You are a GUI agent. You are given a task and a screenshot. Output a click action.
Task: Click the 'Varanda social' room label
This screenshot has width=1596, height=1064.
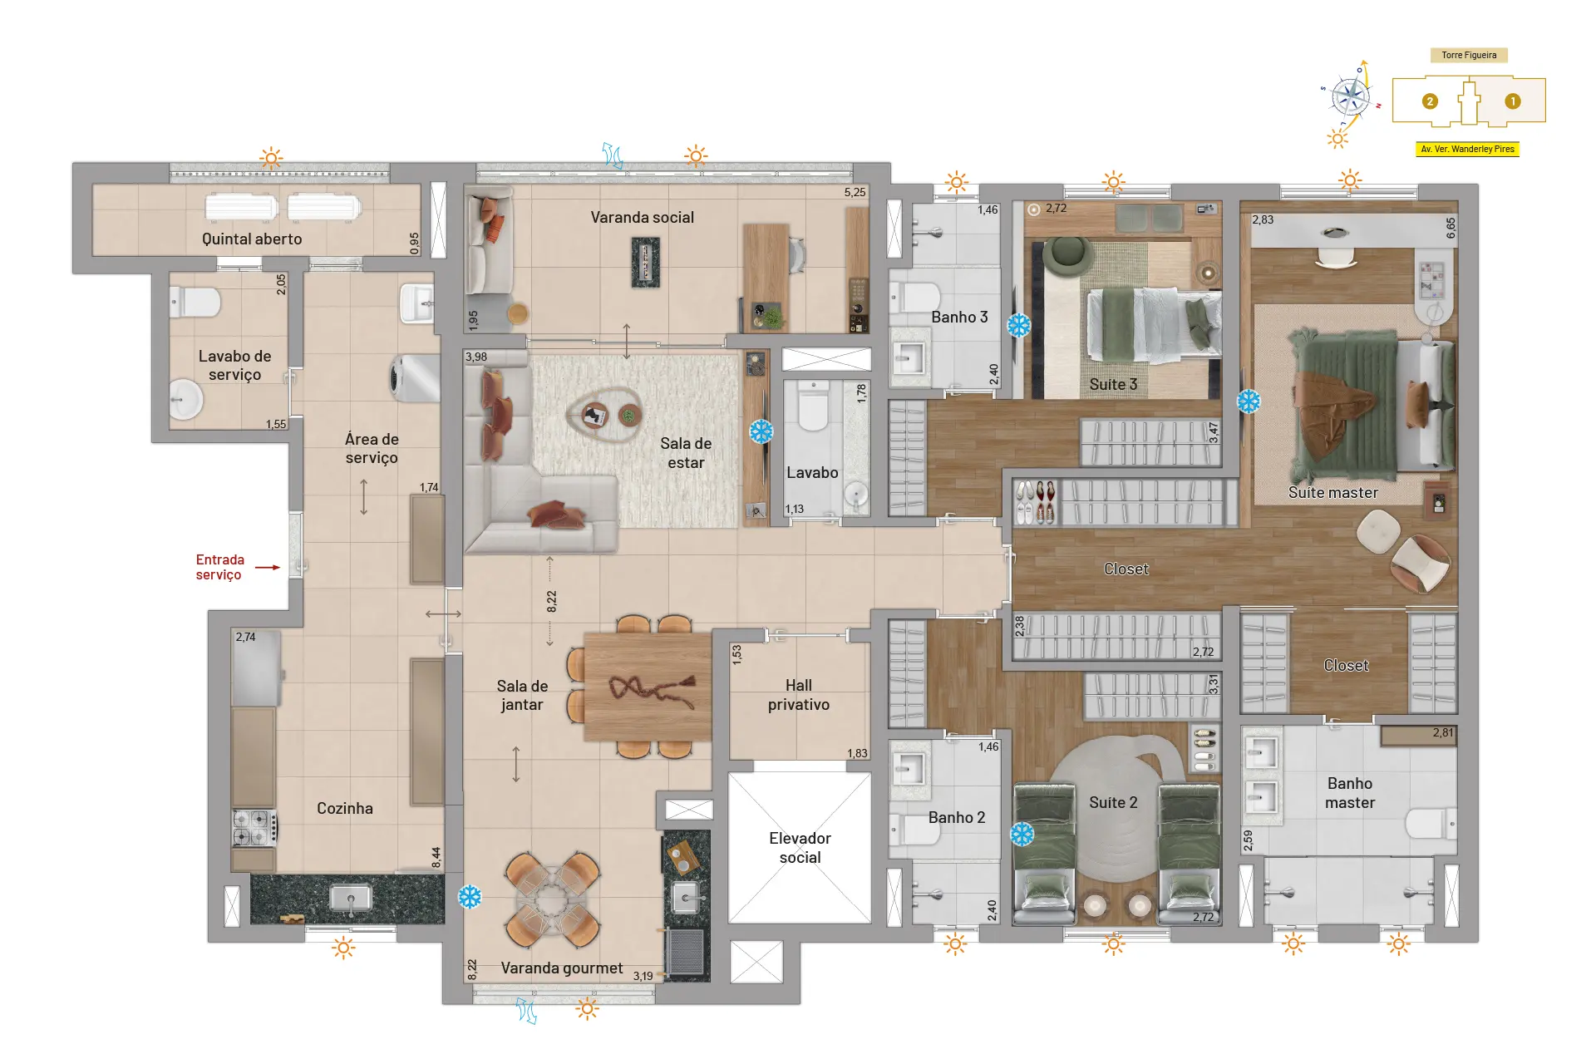click(642, 217)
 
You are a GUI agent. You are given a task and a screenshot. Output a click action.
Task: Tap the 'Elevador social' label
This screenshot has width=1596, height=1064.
click(800, 847)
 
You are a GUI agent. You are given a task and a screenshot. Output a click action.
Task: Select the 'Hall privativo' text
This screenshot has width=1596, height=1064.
click(799, 695)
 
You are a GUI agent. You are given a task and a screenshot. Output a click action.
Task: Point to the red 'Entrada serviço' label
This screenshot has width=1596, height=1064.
click(219, 567)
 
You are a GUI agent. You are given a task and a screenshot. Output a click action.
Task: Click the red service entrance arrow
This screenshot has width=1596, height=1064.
click(268, 568)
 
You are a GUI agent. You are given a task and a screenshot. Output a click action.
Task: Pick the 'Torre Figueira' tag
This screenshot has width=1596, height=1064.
click(1469, 56)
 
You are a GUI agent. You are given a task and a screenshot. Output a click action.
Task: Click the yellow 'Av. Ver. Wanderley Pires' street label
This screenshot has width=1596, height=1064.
click(1467, 150)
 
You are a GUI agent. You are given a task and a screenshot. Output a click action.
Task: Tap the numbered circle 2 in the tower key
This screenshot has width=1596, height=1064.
click(1430, 101)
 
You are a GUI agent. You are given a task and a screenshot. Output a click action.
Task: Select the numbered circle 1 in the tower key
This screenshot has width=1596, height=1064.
click(1512, 101)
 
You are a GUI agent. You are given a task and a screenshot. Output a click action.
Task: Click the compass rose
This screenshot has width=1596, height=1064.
click(1350, 98)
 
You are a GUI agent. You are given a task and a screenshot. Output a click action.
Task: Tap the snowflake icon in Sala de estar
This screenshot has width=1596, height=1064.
click(761, 431)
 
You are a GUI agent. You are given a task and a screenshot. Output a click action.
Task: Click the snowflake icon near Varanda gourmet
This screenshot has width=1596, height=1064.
click(470, 897)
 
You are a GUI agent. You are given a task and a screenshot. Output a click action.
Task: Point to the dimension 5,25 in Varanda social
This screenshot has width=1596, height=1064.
click(855, 192)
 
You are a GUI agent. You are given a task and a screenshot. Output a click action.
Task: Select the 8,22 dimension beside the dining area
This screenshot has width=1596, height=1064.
click(552, 602)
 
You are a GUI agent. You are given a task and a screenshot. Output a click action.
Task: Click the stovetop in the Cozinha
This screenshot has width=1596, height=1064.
click(254, 828)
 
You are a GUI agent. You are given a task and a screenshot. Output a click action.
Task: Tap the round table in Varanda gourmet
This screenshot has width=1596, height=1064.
click(551, 900)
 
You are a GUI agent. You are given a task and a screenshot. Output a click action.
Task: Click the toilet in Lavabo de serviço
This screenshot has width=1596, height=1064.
click(195, 302)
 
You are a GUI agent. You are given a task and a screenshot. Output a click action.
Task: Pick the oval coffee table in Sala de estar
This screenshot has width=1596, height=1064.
click(604, 413)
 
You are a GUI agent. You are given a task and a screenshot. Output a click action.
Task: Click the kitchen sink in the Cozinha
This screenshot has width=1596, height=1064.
click(350, 898)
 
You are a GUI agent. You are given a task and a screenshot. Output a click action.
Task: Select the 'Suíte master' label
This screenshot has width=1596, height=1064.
click(1332, 492)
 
